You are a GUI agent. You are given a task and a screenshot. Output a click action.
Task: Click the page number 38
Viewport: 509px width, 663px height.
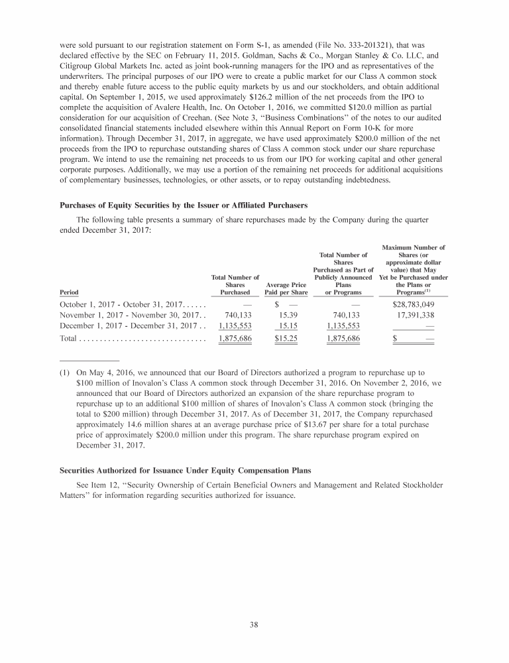[x=254, y=624]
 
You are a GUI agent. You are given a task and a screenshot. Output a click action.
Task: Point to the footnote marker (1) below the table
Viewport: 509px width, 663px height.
[x=55, y=373]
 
